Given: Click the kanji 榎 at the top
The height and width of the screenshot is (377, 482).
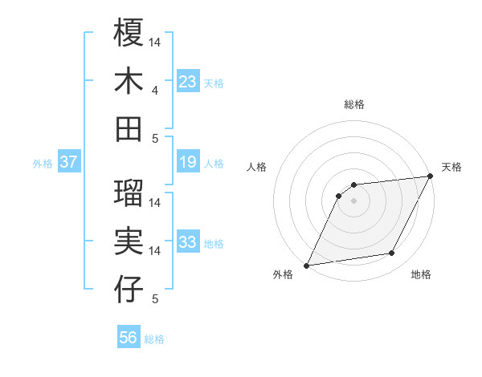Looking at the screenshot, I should [129, 33].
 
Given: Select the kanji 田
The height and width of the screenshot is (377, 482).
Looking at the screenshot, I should [129, 128].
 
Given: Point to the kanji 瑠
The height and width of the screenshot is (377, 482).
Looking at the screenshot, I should [129, 193].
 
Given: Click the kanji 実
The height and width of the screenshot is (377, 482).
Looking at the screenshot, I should [129, 241].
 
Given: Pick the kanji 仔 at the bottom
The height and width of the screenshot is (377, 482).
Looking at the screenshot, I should [129, 289].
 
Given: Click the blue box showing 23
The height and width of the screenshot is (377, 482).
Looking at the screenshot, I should [188, 82].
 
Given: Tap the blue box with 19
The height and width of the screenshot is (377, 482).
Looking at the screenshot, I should [188, 163].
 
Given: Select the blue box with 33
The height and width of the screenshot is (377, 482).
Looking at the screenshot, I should [188, 243].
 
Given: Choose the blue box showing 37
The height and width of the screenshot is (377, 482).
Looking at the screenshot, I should [69, 163].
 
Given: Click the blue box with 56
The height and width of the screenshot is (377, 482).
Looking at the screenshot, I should [129, 338].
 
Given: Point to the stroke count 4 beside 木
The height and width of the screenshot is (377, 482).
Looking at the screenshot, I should [155, 90].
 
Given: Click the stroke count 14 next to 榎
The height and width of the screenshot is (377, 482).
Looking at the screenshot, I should [155, 41].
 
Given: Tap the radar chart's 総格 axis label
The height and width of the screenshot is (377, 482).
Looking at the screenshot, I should [354, 104].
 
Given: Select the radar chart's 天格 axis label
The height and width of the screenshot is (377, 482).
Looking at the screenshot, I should [451, 167].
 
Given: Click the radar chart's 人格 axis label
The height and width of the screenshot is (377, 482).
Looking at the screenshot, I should [257, 167].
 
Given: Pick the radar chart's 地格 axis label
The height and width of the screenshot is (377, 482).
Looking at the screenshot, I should [421, 275].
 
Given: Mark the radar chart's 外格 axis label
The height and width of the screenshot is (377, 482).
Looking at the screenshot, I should [283, 275].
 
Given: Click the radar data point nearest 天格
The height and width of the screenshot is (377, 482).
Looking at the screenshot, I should [431, 176].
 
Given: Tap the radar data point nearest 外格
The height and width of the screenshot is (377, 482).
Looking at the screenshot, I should [306, 265].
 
